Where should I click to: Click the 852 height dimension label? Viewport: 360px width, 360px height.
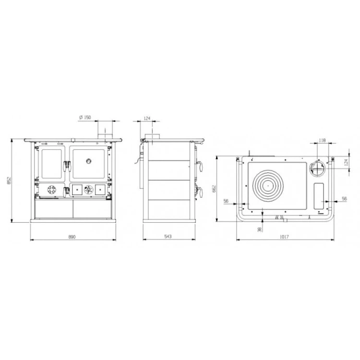pyautogui.click(x=9, y=180)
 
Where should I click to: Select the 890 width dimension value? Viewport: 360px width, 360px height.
pyautogui.click(x=72, y=237)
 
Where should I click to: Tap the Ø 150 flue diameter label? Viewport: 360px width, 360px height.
pyautogui.click(x=85, y=117)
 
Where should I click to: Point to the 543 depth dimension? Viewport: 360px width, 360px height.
pyautogui.click(x=168, y=236)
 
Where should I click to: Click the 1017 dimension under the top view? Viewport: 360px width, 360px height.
pyautogui.click(x=284, y=237)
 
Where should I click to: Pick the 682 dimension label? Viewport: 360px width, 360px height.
pyautogui.click(x=215, y=189)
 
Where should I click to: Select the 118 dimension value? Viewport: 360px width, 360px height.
pyautogui.click(x=323, y=140)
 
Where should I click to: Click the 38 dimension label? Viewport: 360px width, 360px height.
pyautogui.click(x=260, y=229)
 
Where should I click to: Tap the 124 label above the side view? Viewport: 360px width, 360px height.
pyautogui.click(x=147, y=118)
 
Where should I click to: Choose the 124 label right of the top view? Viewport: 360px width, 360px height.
pyautogui.click(x=347, y=161)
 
